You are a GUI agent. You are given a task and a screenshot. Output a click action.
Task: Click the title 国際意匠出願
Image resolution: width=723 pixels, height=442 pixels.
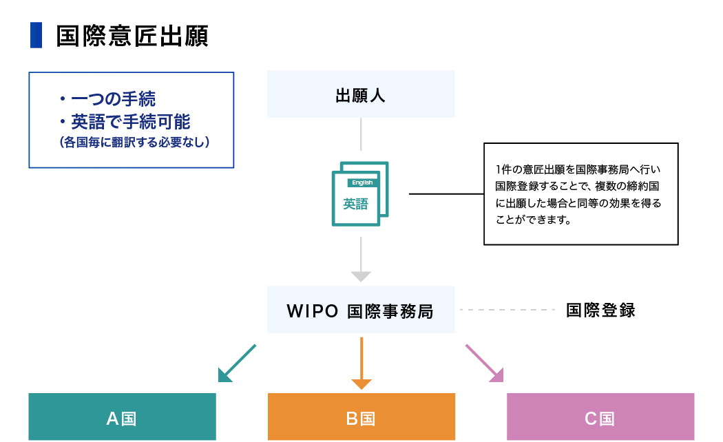coord(132,36)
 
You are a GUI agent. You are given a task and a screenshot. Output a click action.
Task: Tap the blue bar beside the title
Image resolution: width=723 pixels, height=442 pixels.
coord(36,36)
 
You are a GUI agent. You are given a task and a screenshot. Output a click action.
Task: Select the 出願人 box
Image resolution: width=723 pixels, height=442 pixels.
coord(361,94)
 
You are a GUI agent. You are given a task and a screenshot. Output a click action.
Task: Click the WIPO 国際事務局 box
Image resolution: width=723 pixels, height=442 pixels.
coord(361,311)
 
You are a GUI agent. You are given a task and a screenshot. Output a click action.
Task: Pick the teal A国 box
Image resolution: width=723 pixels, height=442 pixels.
coord(122,417)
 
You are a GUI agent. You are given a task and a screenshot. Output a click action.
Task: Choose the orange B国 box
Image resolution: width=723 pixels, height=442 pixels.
coord(361,417)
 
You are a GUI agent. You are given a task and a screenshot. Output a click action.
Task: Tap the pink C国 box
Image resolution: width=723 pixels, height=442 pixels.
coord(600,417)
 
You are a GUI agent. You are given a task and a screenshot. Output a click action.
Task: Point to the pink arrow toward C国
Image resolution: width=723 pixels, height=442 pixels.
coord(485,364)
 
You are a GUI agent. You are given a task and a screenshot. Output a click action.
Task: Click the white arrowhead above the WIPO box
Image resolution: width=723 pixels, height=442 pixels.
coord(361,276)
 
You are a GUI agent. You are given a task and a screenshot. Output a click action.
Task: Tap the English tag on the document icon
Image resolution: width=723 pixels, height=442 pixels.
coord(362,182)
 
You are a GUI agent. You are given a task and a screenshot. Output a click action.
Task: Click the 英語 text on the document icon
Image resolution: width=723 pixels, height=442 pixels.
coord(356,204)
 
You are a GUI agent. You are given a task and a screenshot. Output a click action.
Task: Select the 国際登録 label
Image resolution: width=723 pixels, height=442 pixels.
coord(600,311)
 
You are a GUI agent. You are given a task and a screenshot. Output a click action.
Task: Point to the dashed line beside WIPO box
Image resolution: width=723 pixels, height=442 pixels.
coord(507,310)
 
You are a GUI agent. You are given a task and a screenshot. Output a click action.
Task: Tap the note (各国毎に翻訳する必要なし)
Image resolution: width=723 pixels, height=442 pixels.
coord(134,143)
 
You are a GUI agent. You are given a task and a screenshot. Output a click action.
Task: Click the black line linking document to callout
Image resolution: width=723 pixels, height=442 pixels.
coord(446,194)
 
